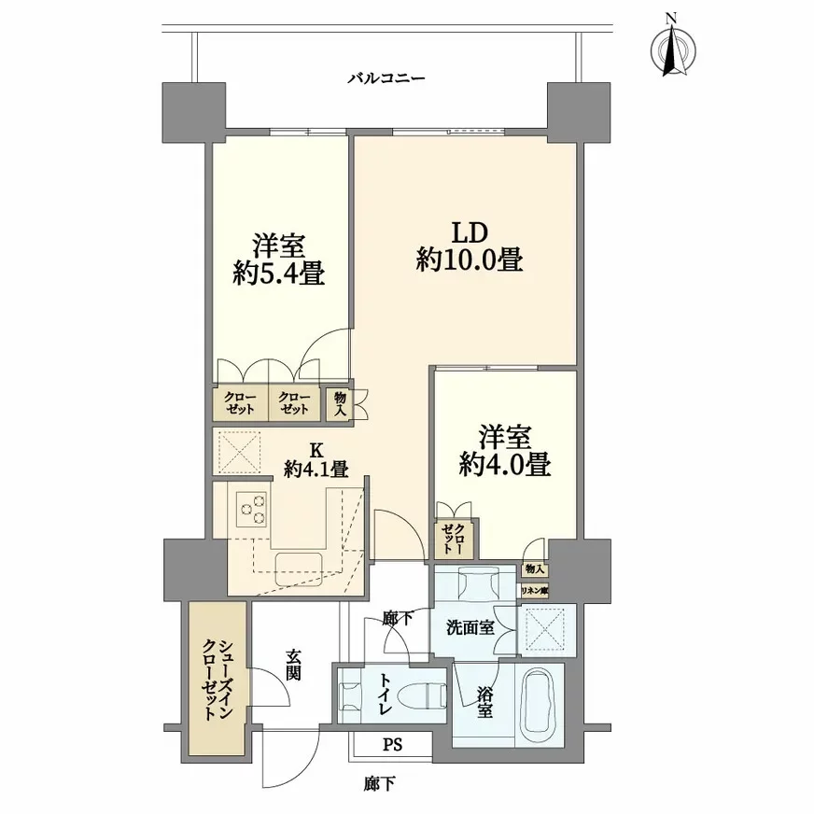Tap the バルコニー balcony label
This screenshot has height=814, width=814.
[x=386, y=79]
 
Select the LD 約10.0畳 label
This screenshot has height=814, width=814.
[x=469, y=246]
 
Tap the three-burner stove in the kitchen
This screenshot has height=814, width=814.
[x=250, y=509]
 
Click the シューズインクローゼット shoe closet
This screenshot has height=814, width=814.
[x=218, y=680]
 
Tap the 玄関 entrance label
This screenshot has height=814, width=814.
[x=293, y=665]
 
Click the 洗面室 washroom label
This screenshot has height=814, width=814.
[x=470, y=628]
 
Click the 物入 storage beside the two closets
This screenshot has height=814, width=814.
[x=340, y=404]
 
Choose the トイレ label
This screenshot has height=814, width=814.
[x=385, y=696]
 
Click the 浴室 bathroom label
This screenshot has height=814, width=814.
[x=484, y=704]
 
